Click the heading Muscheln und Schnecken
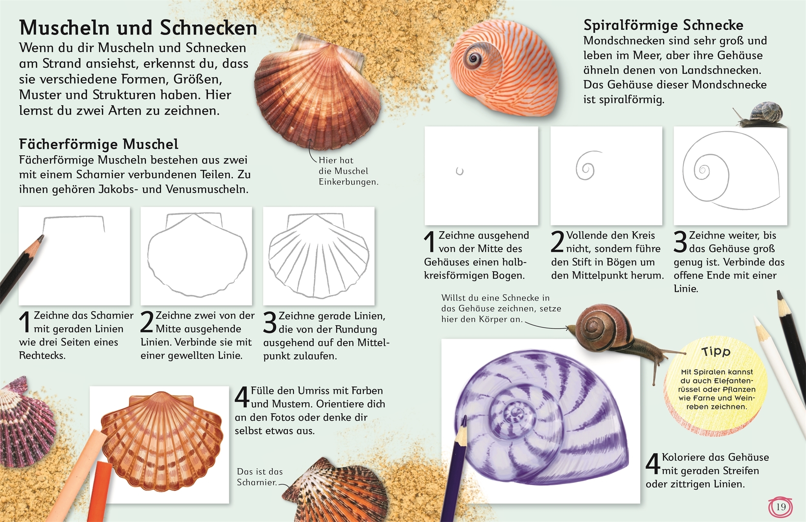point(138,28)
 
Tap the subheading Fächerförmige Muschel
point(98,144)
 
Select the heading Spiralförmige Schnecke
point(663,25)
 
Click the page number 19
point(780,507)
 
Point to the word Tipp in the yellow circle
point(716,352)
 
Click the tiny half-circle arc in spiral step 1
point(460,171)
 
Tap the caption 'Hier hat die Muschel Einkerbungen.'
point(348,171)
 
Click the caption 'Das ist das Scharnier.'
point(260,477)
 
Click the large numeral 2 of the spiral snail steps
point(557,241)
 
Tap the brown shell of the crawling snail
point(604,327)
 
